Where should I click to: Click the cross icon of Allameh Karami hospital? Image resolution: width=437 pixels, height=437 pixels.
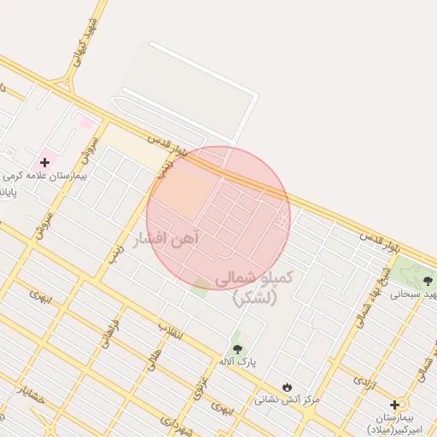point(44,161)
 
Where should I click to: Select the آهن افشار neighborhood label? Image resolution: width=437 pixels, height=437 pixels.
point(166,239)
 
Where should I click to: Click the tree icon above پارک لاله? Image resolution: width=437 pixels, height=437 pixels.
point(237,348)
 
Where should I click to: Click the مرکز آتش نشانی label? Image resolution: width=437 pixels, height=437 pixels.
point(287,399)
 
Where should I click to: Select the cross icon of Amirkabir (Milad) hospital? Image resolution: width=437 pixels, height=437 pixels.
point(394,405)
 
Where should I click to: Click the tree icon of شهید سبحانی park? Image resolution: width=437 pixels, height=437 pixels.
point(428,279)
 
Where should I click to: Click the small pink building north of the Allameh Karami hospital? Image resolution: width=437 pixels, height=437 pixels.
point(86,124)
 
